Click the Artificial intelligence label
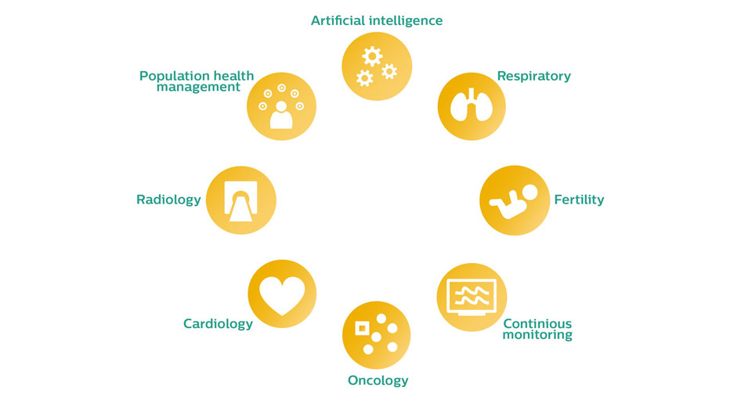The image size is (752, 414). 377,20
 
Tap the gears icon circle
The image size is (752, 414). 377,66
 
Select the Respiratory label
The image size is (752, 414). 533,76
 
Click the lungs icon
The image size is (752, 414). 472,104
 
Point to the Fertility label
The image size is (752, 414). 579,200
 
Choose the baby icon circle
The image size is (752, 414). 515,200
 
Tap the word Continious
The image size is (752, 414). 537,323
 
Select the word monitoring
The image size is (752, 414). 537,335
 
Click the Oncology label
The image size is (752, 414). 378,380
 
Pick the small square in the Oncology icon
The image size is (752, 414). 362,329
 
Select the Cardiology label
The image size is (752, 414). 218,324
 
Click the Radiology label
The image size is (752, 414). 168,200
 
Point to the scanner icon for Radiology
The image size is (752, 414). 240,201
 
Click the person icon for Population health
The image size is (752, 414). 281,116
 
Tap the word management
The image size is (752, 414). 198,87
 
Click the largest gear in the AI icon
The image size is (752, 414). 372,56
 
